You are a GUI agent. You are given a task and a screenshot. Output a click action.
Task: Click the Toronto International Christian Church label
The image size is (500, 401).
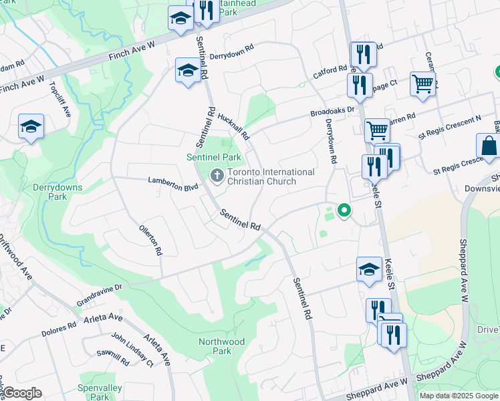(271, 176)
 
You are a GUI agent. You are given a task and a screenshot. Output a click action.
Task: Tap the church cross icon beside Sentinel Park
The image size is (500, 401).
(217, 176)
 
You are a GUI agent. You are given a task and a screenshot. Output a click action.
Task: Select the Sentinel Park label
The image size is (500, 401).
(213, 157)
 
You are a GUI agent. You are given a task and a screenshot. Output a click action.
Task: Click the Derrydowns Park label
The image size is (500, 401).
(57, 192)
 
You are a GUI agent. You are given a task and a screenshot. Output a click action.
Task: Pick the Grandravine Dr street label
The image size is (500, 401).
(100, 287)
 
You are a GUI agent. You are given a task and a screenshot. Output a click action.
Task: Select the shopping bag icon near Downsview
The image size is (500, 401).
(489, 146)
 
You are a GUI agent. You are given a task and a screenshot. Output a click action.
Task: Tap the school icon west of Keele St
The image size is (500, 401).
(369, 269)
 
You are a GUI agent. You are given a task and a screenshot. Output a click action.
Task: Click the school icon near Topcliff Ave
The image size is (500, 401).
(31, 126)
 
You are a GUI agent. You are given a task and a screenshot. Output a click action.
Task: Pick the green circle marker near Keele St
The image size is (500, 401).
(344, 211)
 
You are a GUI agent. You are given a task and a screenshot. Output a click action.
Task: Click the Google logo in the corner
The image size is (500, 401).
(22, 393)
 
